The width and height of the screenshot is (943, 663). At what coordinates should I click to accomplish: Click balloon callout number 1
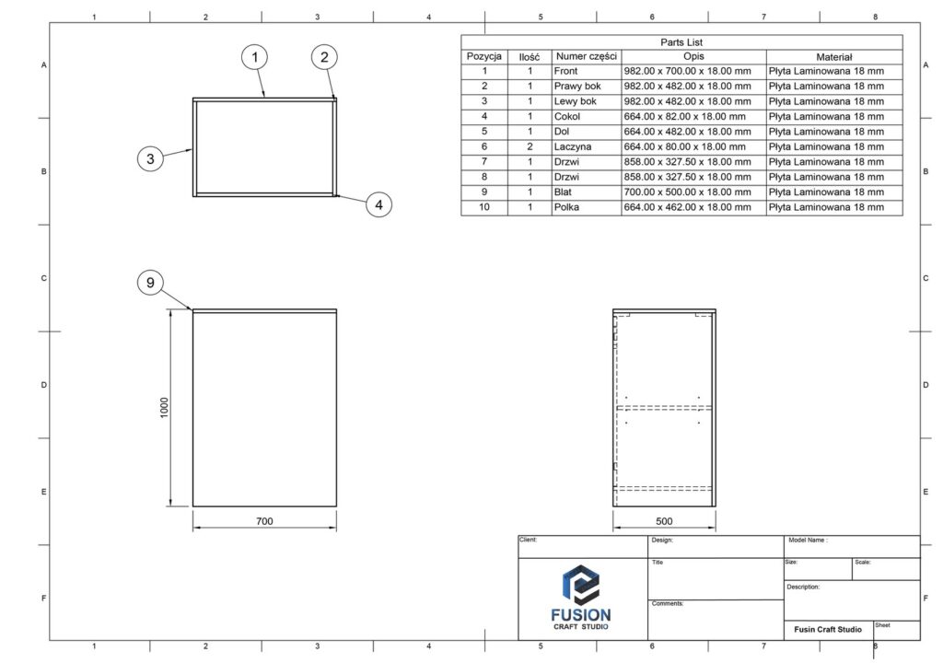pos(254,57)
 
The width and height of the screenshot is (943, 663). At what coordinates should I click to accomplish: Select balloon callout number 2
pos(324,57)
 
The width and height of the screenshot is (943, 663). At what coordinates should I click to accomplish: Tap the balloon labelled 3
pos(150,158)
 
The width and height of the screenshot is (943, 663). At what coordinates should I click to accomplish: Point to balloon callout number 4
pos(378,204)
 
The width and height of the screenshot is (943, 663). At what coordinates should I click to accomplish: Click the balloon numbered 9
pos(150,282)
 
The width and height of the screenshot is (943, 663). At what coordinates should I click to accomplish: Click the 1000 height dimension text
pos(164,408)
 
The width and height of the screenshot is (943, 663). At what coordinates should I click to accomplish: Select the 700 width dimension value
pos(264,521)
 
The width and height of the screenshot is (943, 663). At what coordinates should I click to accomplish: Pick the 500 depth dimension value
pos(664,521)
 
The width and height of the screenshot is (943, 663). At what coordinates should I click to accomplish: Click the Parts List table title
pos(681,42)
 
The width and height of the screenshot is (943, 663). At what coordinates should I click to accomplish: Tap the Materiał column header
pos(834,57)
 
